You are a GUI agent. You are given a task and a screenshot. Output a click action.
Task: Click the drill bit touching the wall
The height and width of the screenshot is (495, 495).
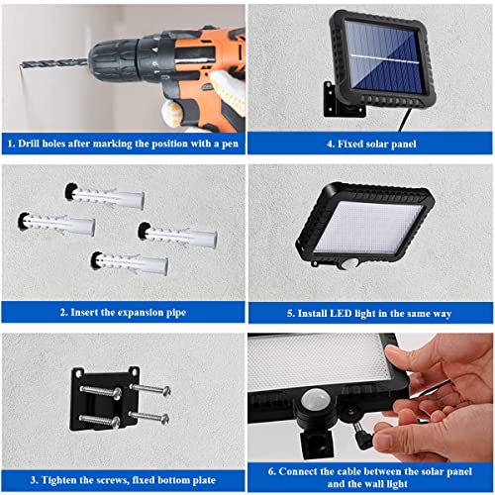point(54,63)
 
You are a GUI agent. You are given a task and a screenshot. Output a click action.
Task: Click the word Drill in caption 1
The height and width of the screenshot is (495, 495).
point(29,144)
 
